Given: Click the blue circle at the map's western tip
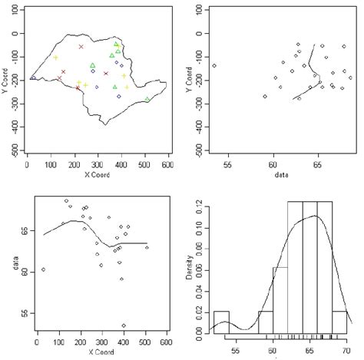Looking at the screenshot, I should [33, 78].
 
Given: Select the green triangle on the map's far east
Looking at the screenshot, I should [147, 99].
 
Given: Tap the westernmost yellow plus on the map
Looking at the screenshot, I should [55, 58].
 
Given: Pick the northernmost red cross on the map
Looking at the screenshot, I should [81, 47].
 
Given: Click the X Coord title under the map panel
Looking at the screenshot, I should [98, 173].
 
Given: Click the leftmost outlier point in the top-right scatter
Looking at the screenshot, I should [214, 66].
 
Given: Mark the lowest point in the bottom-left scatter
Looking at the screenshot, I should [124, 325].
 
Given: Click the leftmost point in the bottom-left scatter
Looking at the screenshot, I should [44, 269].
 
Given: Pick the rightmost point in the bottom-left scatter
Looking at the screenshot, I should [147, 248].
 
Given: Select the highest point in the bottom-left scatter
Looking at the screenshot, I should [67, 201].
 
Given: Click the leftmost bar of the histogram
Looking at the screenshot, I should [221, 322].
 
